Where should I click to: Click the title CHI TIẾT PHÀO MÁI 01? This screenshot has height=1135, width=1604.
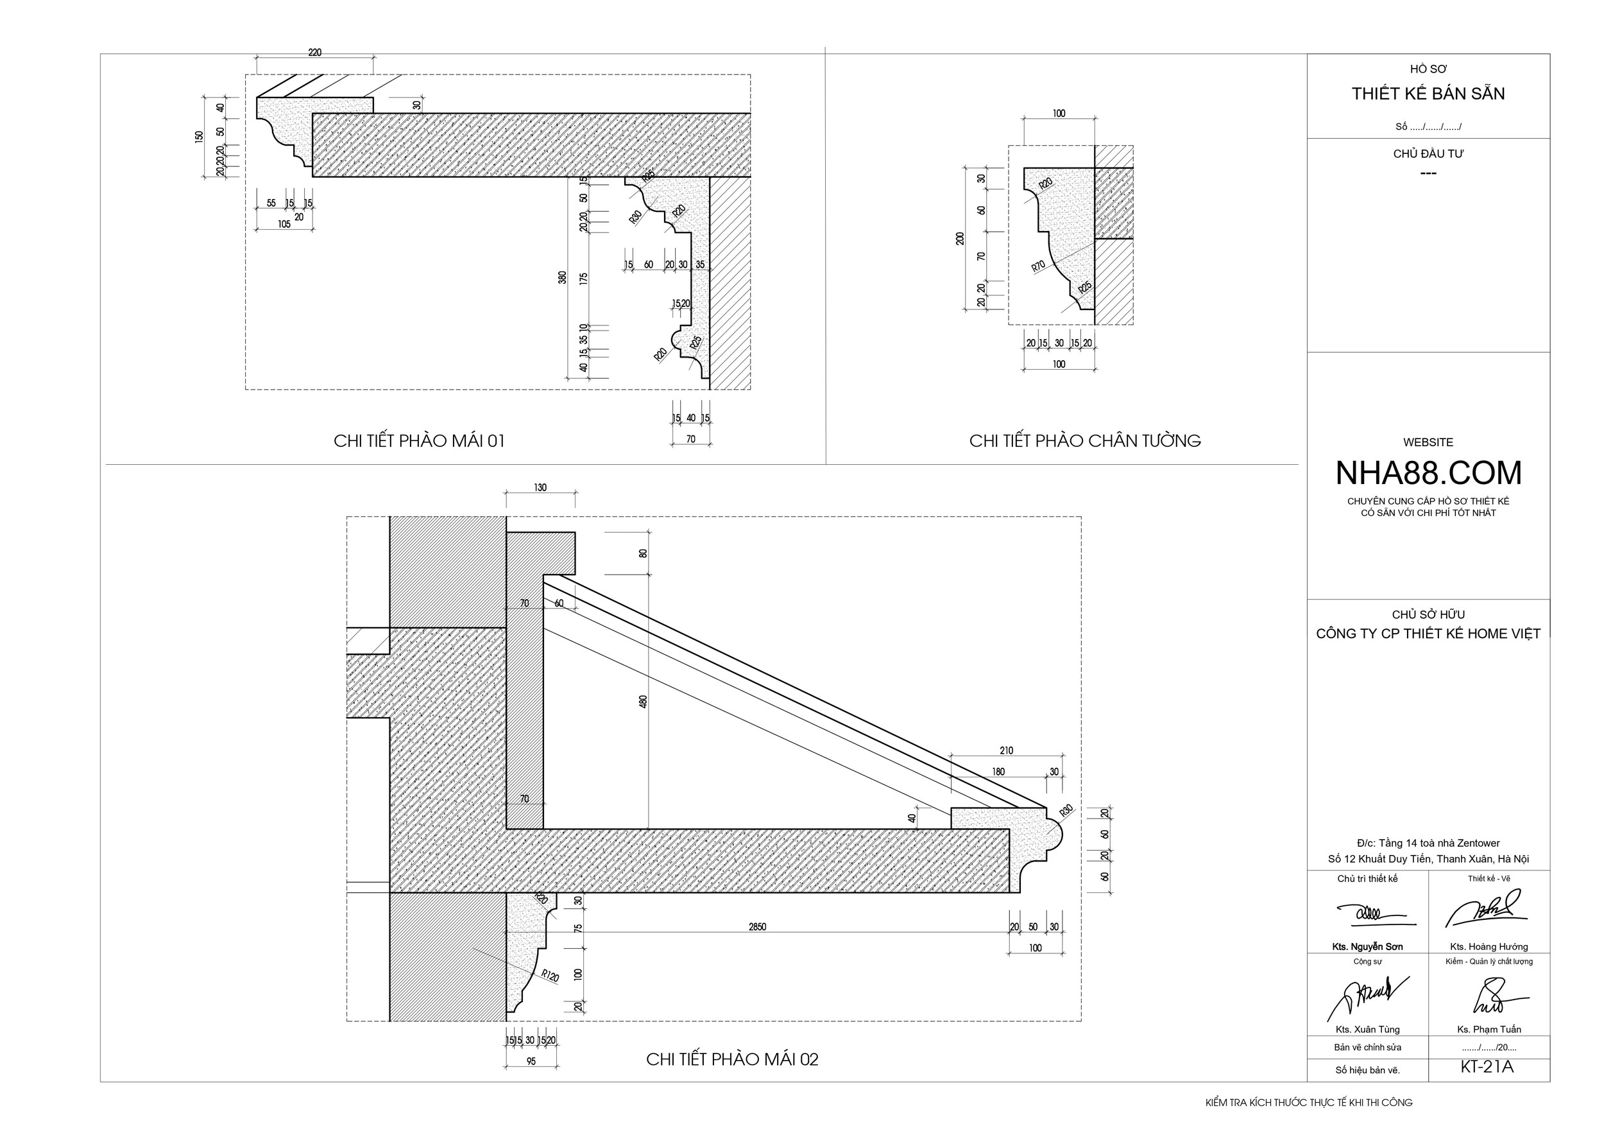(418, 441)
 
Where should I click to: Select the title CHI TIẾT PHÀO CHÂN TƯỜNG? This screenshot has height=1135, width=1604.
(1084, 441)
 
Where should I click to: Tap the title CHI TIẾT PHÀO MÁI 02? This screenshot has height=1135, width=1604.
(731, 1059)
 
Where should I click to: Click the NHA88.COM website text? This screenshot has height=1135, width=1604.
(1428, 473)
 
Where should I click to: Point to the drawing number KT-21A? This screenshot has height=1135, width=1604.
(1486, 1067)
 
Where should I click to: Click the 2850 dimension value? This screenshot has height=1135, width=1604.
(757, 927)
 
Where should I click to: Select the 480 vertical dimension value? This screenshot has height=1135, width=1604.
(643, 701)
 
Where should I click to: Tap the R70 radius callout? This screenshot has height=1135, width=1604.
(1038, 266)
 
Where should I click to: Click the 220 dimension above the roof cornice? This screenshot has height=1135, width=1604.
(314, 53)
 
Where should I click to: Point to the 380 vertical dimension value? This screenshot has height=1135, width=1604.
(563, 277)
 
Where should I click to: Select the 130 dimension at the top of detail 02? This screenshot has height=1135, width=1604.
(540, 488)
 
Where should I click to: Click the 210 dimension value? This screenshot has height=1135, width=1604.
(1006, 750)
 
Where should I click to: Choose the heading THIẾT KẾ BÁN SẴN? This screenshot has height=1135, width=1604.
(1428, 94)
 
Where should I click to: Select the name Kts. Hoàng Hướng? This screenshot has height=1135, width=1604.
(1489, 947)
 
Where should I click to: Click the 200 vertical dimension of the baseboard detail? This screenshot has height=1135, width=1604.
(959, 238)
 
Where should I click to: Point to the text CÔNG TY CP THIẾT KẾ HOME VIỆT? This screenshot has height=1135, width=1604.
(1428, 634)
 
